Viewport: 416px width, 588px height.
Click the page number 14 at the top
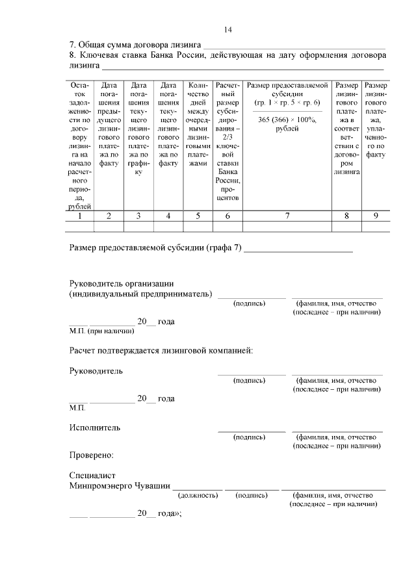[x=228, y=29]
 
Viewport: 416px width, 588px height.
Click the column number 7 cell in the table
[x=287, y=216]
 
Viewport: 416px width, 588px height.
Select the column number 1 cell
[x=79, y=216]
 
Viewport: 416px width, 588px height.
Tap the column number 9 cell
[x=376, y=216]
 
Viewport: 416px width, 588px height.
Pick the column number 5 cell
[x=198, y=216]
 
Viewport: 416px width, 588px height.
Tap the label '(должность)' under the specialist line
[x=198, y=495]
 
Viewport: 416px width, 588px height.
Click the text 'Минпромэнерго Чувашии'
[x=120, y=485]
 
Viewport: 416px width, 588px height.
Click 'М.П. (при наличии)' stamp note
[x=101, y=331]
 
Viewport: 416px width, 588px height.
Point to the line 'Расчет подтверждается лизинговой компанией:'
[x=161, y=351]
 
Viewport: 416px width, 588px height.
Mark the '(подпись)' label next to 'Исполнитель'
[x=250, y=437]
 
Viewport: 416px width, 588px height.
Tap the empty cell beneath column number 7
[x=287, y=227]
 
